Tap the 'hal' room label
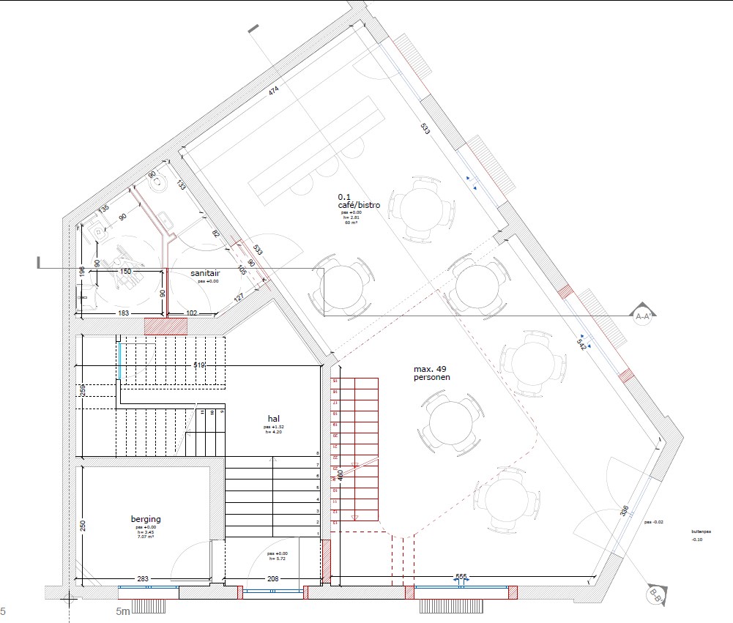(274, 418)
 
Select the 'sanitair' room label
(205, 272)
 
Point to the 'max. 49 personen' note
(431, 373)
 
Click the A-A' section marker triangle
(643, 314)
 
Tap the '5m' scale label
(122, 611)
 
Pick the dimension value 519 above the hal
(199, 365)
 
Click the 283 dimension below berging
(143, 579)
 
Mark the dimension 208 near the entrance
(272, 579)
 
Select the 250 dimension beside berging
(83, 526)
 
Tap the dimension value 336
(624, 510)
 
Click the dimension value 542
(582, 342)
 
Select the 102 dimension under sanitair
(191, 313)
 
